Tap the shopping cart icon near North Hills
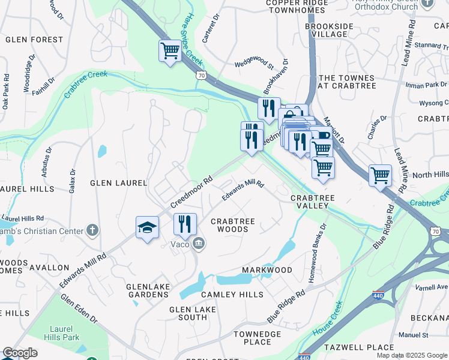380,175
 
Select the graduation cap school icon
147,227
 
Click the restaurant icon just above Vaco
185,224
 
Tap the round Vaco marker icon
199,243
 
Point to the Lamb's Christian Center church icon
92,230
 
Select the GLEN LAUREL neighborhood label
118,182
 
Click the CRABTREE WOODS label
233,225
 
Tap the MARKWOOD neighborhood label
267,270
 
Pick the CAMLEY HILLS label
232,295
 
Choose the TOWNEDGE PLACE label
258,338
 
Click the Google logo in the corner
20,353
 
